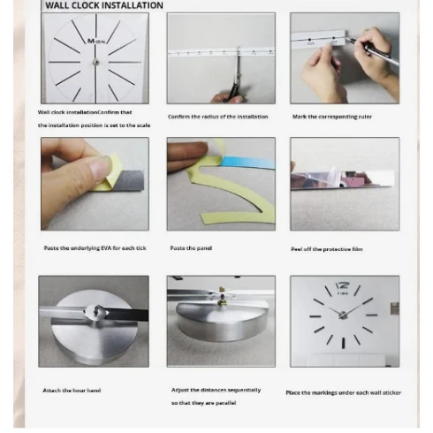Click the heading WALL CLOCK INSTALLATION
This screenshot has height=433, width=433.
point(104,6)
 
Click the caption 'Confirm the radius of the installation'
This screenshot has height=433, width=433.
point(217,117)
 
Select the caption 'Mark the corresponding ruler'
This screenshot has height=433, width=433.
point(332,117)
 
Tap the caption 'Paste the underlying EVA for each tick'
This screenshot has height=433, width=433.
point(95,248)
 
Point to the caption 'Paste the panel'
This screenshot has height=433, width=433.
point(191,248)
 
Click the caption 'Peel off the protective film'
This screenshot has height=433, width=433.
point(327,249)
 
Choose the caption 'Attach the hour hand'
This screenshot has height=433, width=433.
point(72,390)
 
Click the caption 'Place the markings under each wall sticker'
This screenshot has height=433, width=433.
point(344,392)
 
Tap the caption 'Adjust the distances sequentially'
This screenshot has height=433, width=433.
point(216,390)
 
